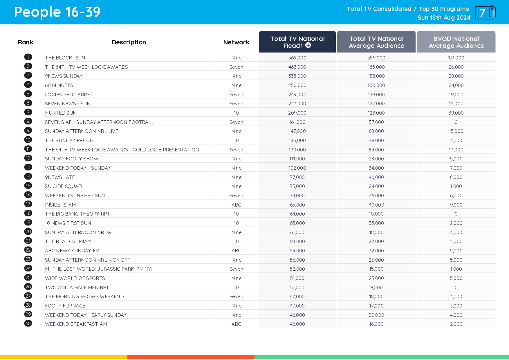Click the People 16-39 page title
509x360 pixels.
coord(57,12)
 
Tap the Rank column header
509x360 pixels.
coord(26,42)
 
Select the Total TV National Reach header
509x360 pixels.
coord(297,42)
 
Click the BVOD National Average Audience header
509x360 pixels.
coord(456,42)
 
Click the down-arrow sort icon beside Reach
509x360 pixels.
coord(308,45)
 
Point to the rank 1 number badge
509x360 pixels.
coord(28,57)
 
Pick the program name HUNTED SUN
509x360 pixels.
coord(61,113)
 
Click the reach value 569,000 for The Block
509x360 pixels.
coord(297,58)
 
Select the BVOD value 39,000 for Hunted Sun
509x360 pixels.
coord(456,113)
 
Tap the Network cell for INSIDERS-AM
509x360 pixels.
coord(236,205)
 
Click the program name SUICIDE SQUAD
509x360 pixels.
coord(64,186)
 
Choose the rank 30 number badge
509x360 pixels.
coord(28,323)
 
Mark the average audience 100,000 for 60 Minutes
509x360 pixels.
coord(376,85)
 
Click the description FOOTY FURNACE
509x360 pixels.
coord(65,306)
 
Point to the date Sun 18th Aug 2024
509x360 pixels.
coord(444,18)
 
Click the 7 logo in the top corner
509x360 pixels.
coord(485,13)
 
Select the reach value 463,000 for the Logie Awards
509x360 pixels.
coord(297,67)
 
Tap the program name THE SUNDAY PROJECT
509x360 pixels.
coord(72,140)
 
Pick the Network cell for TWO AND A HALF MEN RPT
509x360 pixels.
coord(236,287)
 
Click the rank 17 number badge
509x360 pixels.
coord(28,204)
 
